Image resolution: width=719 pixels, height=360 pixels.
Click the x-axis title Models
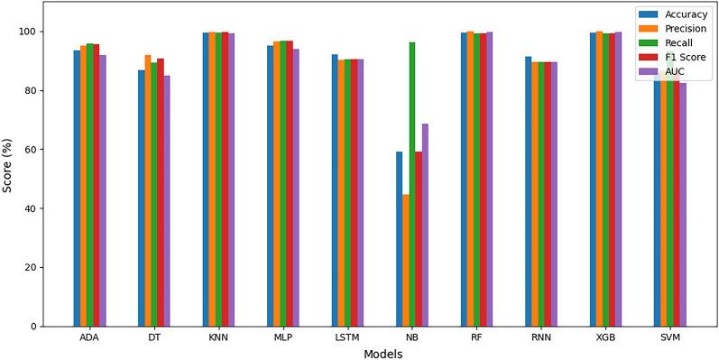tap(383, 353)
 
